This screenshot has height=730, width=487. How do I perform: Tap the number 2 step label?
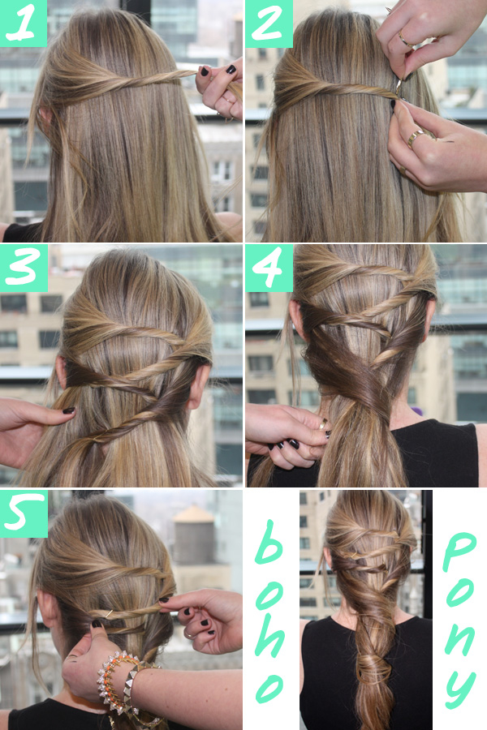(x=268, y=23)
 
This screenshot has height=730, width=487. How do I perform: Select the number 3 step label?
(x=24, y=268)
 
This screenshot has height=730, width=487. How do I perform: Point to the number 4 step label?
(x=269, y=268)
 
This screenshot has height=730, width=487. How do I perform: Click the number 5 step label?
(x=24, y=513)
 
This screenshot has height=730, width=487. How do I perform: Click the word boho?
(x=270, y=610)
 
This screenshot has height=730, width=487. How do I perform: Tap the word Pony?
(x=459, y=619)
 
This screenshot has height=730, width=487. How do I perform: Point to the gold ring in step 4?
(x=323, y=423)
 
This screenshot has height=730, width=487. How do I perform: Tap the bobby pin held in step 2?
(x=399, y=86)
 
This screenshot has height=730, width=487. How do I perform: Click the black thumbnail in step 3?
(x=69, y=410)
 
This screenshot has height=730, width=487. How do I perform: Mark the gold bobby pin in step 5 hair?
(x=108, y=614)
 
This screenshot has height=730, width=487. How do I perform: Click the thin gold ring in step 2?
(x=406, y=40)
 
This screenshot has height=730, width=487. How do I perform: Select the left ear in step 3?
(x=61, y=373)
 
